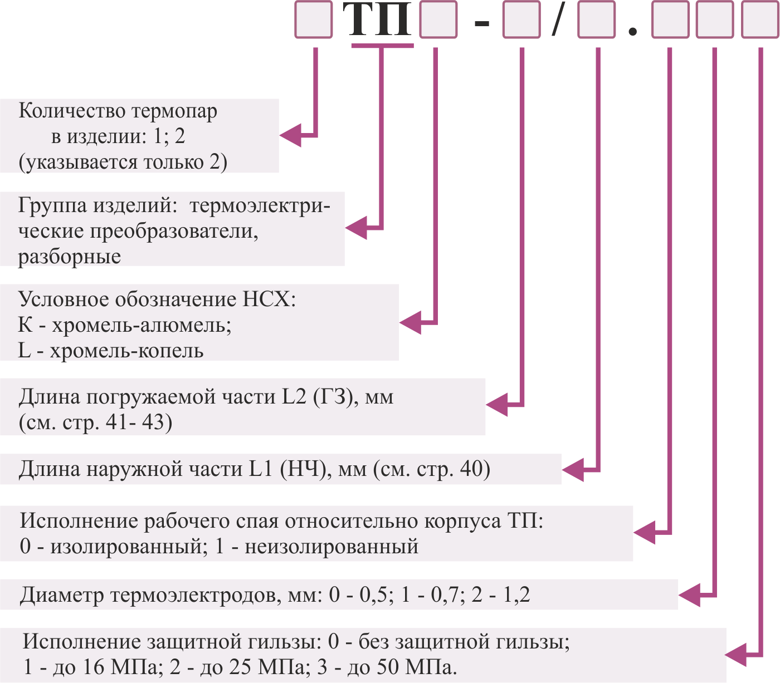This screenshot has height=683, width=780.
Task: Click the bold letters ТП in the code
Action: [x=377, y=20]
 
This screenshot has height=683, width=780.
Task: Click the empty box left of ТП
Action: [x=313, y=19]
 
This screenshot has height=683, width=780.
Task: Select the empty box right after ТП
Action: [x=438, y=19]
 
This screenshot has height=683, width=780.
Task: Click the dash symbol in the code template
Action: [x=481, y=24]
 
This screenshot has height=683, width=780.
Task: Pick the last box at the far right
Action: [x=760, y=19]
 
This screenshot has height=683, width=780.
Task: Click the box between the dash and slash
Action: [x=521, y=19]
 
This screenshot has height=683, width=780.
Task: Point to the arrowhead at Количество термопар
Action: [x=290, y=135]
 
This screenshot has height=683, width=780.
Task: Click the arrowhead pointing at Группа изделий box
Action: [x=355, y=228]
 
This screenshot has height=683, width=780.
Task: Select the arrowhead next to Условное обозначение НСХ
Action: [x=410, y=322]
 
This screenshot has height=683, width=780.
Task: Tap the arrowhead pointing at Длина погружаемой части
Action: [x=496, y=405]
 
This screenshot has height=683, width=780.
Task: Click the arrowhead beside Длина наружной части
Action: [x=573, y=470]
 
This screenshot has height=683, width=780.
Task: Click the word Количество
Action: [x=72, y=111]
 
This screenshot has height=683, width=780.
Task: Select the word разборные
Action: [x=69, y=257]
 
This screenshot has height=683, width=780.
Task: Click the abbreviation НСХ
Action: [x=269, y=299]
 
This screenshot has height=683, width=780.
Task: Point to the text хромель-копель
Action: [x=126, y=351]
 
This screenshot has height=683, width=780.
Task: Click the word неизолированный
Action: [x=331, y=547]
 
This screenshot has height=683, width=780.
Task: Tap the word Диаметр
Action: [x=62, y=596]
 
